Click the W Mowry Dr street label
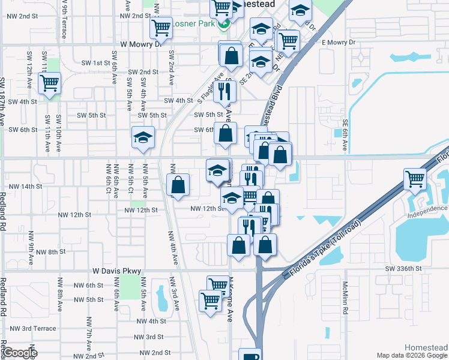tap(142, 44)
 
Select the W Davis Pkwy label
tap(116, 271)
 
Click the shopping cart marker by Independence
tap(415, 179)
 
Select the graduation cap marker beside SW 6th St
tap(143, 138)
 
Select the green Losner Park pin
tap(223, 25)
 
